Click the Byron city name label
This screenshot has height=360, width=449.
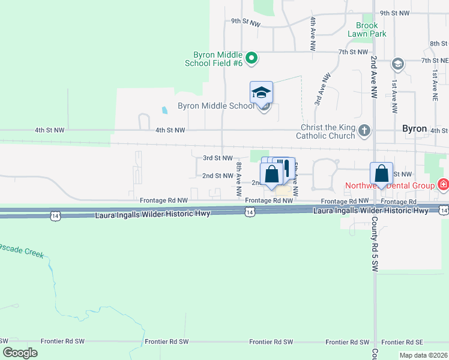coord(414,129)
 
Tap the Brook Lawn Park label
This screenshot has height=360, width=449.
coord(366,30)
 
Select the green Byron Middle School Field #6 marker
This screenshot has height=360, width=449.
coord(253,58)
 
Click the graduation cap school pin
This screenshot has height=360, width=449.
coord(261,93)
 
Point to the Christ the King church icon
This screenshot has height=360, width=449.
coord(364,130)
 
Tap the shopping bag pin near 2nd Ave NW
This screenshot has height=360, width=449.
coord(381,174)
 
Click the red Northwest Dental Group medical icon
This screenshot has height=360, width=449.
coord(443,185)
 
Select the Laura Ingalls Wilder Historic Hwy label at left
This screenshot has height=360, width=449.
coord(152,214)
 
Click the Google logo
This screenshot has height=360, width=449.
coord(20,353)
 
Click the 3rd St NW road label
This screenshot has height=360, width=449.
coord(217,158)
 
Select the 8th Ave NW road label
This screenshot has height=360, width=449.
coord(239,179)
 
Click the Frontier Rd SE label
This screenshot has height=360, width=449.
coord(409,341)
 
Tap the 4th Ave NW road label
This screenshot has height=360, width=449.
coord(313,34)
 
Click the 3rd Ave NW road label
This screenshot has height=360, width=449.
coord(323,91)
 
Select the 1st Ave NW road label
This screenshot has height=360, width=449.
coord(394,97)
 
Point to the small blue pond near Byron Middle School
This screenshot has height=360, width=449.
coord(165,110)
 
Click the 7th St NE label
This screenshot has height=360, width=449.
coord(435,61)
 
